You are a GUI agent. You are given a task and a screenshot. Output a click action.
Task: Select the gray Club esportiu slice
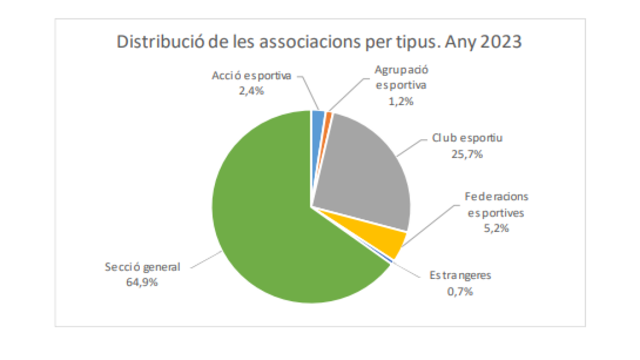click(363, 171)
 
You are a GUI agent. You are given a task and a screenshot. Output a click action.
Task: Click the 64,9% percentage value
click(143, 282)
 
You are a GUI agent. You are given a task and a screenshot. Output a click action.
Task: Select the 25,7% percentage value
click(468, 154)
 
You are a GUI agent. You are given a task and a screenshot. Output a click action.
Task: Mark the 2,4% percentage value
click(251, 91)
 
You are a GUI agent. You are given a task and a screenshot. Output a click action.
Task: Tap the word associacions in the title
click(310, 42)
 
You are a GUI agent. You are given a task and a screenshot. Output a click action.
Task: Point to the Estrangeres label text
click(460, 276)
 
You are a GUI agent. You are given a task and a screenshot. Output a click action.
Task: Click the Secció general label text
click(143, 267)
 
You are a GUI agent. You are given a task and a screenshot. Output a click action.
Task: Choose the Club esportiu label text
click(468, 139)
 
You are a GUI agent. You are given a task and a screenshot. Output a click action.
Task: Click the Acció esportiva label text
click(251, 76)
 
